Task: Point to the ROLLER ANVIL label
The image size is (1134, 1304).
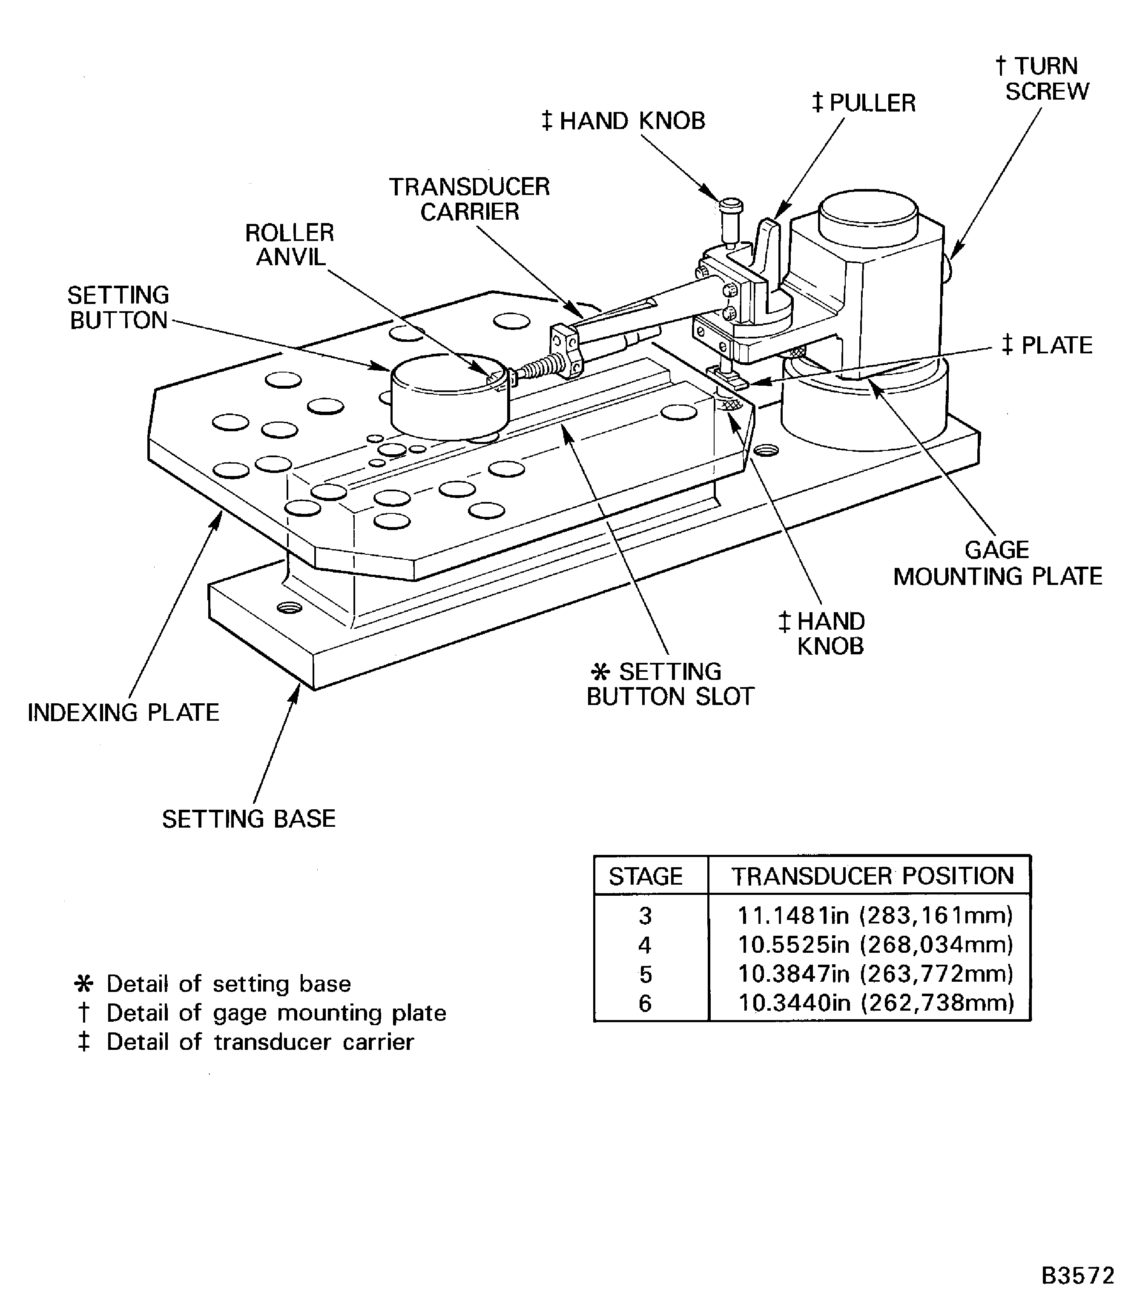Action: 290,245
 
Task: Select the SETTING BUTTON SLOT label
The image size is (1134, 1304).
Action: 671,684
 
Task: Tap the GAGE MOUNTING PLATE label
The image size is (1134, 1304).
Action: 997,563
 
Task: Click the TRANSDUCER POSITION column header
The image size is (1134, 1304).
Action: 873,876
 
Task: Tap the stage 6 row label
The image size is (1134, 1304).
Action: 645,1003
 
